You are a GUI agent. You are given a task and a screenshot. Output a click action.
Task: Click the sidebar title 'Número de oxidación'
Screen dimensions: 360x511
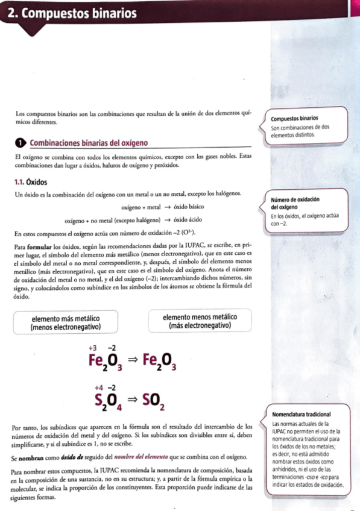(x=295, y=199)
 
